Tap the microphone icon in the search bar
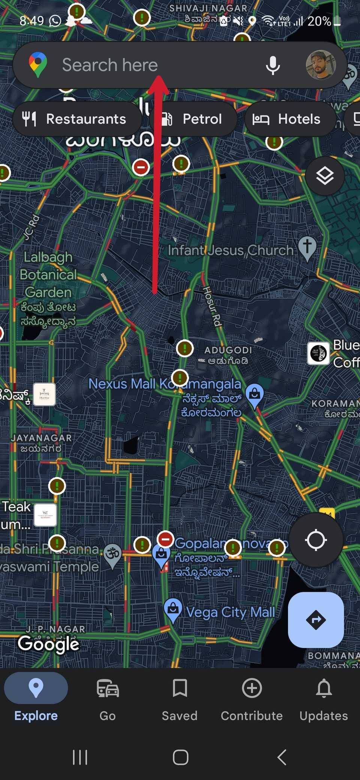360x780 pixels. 273,65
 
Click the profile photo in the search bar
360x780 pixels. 321,65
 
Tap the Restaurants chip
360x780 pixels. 77,119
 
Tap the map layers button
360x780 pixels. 325,175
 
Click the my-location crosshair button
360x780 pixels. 316,540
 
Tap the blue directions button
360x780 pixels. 316,619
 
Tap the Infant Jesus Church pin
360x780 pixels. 307,248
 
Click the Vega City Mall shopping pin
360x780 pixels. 173,609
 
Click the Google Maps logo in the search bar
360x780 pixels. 38,64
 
